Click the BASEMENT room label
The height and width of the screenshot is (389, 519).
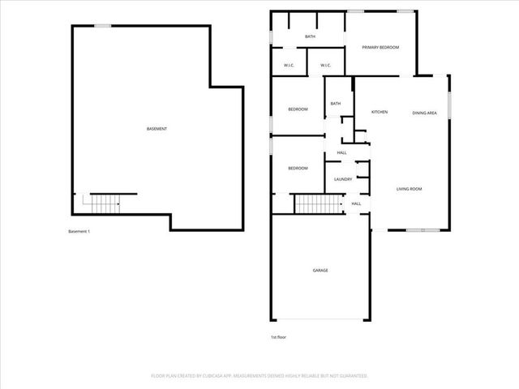[157, 130]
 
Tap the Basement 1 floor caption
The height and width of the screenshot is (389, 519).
[79, 232]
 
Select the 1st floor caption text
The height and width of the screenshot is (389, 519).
[278, 336]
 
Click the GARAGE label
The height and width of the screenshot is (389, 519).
[320, 270]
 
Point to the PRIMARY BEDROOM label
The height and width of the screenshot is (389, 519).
[380, 48]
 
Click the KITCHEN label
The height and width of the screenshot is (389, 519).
[380, 111]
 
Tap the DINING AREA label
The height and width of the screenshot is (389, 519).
[424, 113]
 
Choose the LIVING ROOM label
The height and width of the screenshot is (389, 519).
[410, 189]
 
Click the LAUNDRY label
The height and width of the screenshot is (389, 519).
[342, 179]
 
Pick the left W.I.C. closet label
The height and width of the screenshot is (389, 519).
[289, 66]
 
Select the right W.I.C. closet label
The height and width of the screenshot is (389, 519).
[325, 66]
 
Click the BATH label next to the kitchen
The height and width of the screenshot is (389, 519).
[335, 103]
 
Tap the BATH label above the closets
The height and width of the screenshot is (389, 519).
[310, 36]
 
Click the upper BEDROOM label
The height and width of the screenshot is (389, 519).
[298, 109]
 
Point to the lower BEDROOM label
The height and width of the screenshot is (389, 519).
[298, 168]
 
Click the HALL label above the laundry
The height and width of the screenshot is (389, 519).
[341, 152]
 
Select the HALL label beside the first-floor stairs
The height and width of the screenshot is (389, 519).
[356, 203]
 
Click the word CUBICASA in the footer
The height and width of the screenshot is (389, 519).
[229, 376]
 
